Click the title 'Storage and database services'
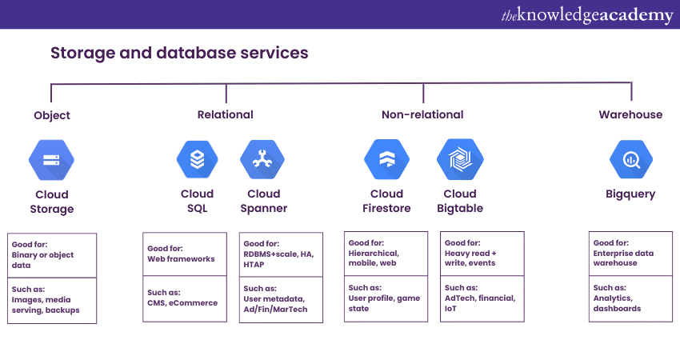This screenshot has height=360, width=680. coord(179,54)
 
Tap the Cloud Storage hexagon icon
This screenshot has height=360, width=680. coord(52,159)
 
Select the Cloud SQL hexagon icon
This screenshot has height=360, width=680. coord(197,159)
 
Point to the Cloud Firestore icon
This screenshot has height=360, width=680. coord(386,159)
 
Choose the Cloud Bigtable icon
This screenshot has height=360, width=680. coord(460,159)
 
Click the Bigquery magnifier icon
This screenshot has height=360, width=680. coord(630,159)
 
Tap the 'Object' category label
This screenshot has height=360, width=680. coord(52,115)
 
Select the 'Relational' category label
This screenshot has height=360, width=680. coord(226,114)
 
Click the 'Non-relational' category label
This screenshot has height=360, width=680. coord(422,114)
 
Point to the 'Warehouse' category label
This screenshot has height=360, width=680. coord(630,114)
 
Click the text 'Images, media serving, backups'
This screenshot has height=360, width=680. coord(46,304)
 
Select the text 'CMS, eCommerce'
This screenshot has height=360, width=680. coord(182,302)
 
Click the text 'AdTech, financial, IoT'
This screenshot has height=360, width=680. coord(480,303)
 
